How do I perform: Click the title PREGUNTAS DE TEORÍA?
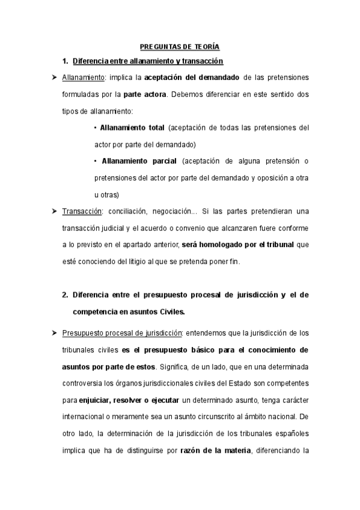tap(180, 46)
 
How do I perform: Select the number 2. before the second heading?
tap(65, 295)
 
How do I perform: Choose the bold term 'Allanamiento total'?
tap(132, 128)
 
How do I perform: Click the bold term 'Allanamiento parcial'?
tap(139, 161)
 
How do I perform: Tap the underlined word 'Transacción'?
tap(82, 211)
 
